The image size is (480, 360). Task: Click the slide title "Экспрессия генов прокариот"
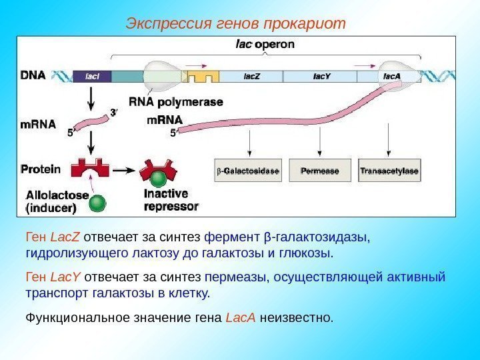tap(236, 25)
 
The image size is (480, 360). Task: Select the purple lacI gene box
tap(92, 76)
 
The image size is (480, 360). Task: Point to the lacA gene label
tap(392, 75)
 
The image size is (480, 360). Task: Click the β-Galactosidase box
tap(249, 171)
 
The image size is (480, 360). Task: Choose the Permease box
tap(320, 171)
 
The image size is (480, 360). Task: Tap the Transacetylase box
tap(389, 171)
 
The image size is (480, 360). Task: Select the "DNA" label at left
tap(33, 75)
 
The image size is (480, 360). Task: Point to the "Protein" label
tap(41, 169)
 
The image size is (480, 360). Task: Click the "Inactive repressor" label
tap(171, 200)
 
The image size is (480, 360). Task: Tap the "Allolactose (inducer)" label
tap(56, 201)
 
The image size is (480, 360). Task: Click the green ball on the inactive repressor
tap(158, 180)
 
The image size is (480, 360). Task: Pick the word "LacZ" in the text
tap(65, 237)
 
